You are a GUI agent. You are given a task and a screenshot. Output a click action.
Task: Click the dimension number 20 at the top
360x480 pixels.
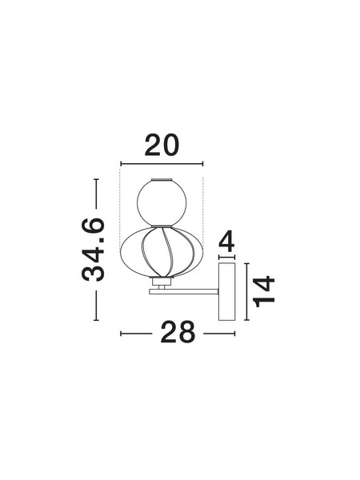point(162,145)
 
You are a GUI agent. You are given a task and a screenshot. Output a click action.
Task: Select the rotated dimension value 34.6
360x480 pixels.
point(94,250)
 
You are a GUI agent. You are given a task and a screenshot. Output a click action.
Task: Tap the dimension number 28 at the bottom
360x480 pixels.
point(178,332)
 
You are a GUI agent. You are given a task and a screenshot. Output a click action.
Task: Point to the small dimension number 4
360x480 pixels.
point(226,241)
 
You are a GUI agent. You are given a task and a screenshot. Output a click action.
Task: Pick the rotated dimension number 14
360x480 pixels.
point(264,291)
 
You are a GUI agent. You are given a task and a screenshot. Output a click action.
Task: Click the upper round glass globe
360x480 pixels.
point(162,203)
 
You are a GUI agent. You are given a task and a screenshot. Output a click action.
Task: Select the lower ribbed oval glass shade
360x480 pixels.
point(162,252)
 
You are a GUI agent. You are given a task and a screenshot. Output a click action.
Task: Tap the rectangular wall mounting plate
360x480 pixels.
point(227,291)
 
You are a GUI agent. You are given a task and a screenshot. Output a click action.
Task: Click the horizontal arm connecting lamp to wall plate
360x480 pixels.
point(184,292)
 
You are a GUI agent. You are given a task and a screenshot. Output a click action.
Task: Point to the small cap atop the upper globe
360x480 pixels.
point(162,179)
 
